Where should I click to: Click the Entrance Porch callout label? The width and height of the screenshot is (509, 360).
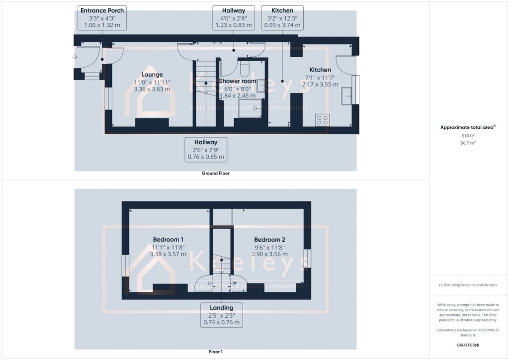pyautogui.click(x=102, y=17)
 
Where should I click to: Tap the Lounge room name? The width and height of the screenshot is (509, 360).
pyautogui.click(x=152, y=75)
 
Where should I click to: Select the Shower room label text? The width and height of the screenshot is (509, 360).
pyautogui.click(x=239, y=81)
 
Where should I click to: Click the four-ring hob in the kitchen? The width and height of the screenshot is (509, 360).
pyautogui.click(x=322, y=119)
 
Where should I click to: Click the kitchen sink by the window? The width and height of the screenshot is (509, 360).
pyautogui.click(x=346, y=95)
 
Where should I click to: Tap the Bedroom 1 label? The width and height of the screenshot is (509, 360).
pyautogui.click(x=168, y=239)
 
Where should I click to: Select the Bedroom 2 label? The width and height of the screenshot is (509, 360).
pyautogui.click(x=269, y=239)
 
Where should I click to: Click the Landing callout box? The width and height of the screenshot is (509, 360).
pyautogui.click(x=222, y=315)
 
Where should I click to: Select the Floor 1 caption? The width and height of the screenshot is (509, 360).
pyautogui.click(x=215, y=352)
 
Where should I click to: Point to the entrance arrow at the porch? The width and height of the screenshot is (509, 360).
pyautogui.click(x=75, y=58)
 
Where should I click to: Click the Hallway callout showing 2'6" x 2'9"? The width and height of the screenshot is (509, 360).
pyautogui.click(x=206, y=150)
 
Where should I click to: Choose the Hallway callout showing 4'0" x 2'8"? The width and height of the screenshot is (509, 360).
pyautogui.click(x=234, y=17)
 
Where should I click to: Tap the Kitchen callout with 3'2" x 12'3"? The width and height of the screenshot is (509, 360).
pyautogui.click(x=282, y=17)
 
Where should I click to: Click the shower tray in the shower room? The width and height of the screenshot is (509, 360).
pyautogui.click(x=251, y=108)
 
